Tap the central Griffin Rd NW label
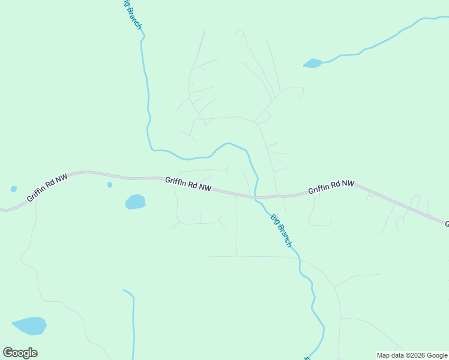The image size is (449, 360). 188,184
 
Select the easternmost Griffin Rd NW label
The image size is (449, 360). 331,187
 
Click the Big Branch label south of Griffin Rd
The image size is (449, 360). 280,230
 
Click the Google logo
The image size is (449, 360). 20,353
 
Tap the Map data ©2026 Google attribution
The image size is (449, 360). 412,355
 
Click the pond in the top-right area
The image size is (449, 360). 312,63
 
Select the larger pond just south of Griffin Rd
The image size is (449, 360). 136,202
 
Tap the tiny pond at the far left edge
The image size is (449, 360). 14,189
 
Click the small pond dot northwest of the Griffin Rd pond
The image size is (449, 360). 110,185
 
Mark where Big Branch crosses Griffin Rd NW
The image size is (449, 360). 256,196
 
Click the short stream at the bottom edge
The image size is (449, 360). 133,324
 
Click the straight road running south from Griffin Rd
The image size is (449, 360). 237,228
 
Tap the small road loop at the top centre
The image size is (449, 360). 240,32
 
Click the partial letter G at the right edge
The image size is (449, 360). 446,224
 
